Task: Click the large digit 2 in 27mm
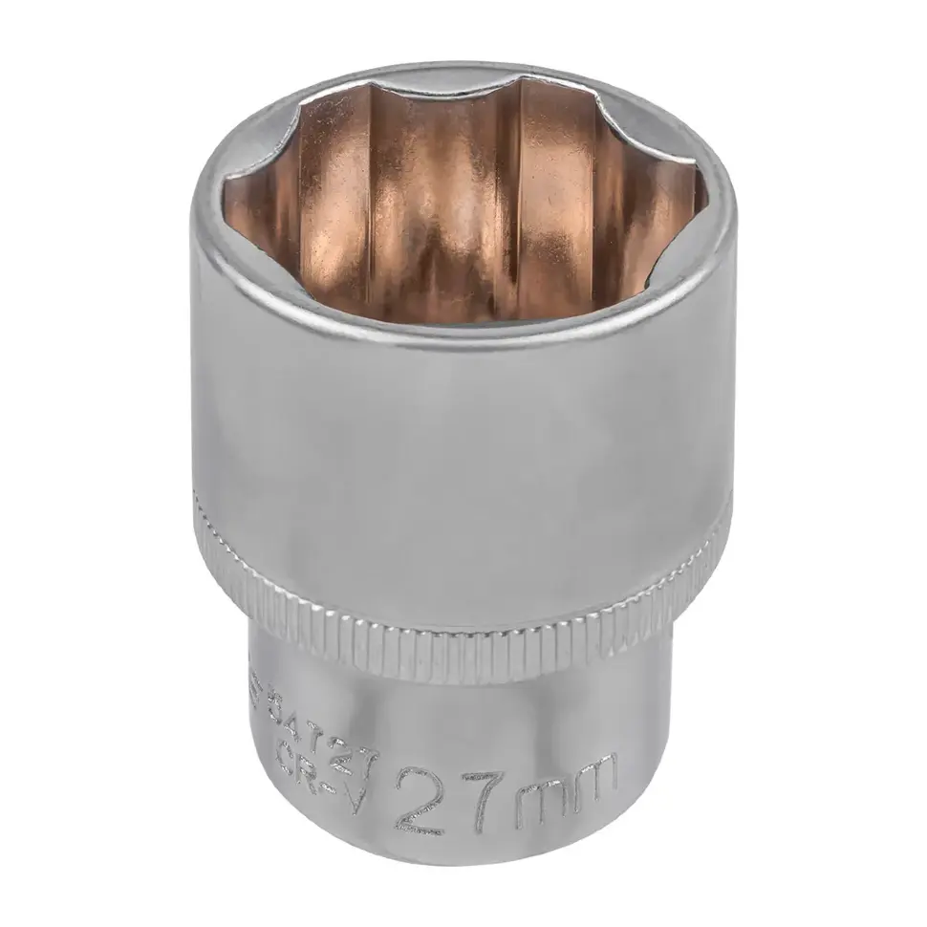420,802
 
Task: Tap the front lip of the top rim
459,334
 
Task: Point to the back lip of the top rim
459,69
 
